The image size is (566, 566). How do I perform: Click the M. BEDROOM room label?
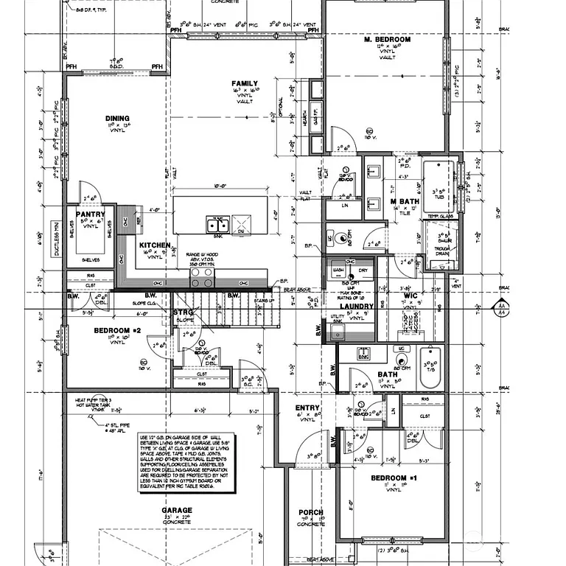[x=387, y=39]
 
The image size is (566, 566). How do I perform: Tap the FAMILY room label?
[x=245, y=83]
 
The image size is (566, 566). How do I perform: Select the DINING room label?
[x=117, y=118]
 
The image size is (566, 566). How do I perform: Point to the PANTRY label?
[x=91, y=214]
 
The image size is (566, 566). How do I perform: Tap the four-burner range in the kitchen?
[x=202, y=276]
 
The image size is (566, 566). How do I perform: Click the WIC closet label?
[x=410, y=296]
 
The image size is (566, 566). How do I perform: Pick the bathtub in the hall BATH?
[x=430, y=368]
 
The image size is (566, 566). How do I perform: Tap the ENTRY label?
[x=307, y=408]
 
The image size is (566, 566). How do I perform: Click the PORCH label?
[x=310, y=512]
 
